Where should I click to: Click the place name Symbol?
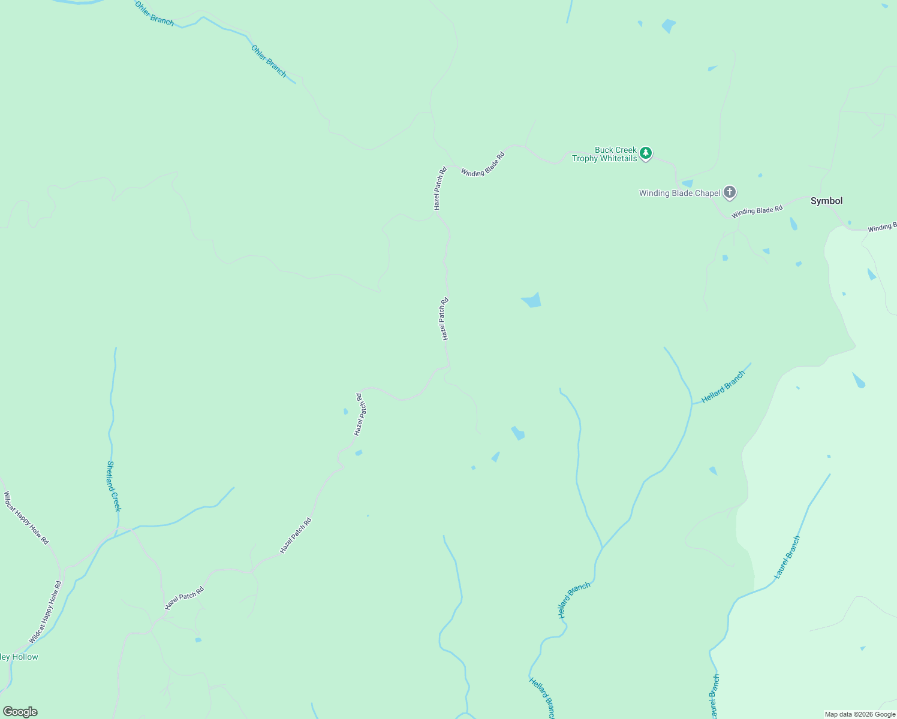pos(826,201)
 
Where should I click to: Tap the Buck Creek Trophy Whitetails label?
pos(604,154)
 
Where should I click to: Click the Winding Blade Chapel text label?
pos(679,193)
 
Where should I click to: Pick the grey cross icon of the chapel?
pos(729,192)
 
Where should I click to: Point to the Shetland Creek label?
pos(113,486)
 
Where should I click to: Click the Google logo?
pos(20,712)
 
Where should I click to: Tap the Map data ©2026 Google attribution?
pos(860,714)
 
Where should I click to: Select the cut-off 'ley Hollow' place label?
pos(19,657)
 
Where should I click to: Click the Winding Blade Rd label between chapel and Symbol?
pos(757,212)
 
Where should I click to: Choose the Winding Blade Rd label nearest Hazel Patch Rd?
pos(482,164)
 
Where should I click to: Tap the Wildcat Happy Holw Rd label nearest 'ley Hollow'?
pos(45,612)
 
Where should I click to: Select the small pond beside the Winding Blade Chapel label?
pos(687,183)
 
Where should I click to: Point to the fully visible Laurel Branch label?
pos(787,557)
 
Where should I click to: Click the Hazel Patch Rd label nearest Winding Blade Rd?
pos(440,188)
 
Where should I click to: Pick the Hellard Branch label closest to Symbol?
pos(723,386)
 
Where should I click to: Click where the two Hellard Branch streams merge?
pos(602,548)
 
